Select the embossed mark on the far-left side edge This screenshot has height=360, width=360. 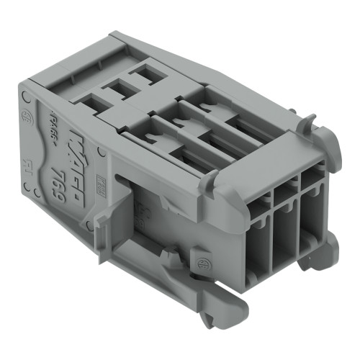[27, 162]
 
